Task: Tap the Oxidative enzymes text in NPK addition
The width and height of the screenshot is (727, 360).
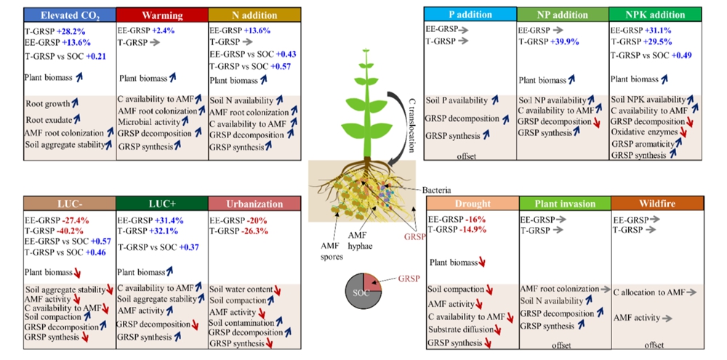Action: (x=644, y=132)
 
